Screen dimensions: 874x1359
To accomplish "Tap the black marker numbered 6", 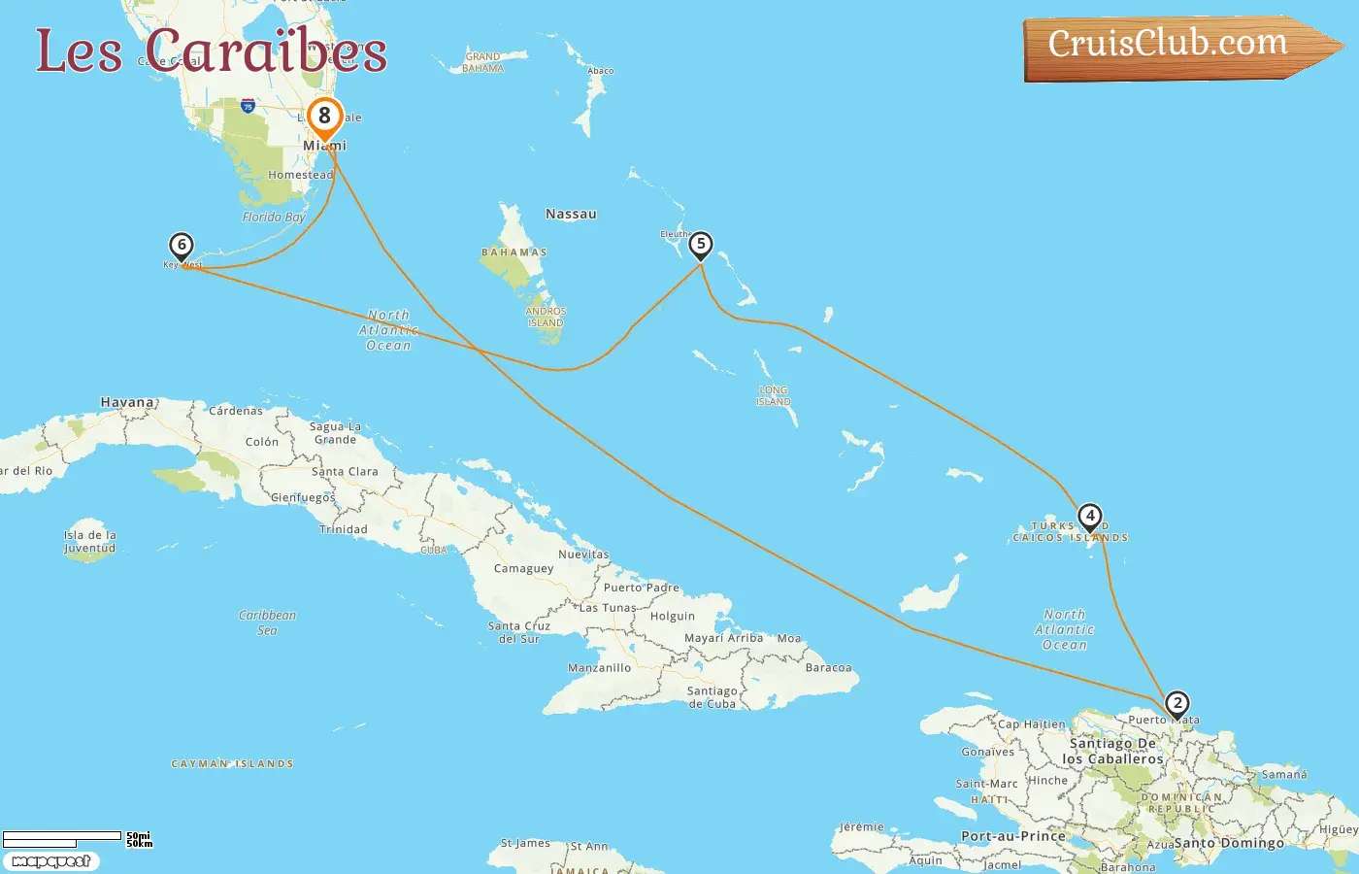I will (181, 246).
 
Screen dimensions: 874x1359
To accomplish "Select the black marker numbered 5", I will (700, 245).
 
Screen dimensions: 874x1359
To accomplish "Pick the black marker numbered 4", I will (1089, 516).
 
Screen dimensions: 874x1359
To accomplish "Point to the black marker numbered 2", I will (1177, 703).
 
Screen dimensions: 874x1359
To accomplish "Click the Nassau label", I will (571, 214).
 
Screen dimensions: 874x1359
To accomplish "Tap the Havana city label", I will (127, 402).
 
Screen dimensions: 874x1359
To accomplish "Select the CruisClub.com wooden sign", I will (1170, 45).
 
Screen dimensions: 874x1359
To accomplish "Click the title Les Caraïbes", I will (211, 50).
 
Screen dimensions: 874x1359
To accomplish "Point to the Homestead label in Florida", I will (300, 175).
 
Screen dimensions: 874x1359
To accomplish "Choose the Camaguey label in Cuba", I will (523, 568).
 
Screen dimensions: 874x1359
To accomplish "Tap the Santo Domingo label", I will (1229, 843).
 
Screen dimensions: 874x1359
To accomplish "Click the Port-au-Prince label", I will (1012, 835).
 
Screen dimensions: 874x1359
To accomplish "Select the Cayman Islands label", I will (232, 764).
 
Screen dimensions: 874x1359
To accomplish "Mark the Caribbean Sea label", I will (267, 622).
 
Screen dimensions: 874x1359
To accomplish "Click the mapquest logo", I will (50, 860).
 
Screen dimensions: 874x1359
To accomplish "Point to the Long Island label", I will (774, 396).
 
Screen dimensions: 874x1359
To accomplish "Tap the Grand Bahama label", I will (482, 62).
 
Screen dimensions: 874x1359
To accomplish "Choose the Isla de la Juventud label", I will (89, 542).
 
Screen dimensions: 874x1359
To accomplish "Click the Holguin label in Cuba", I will (673, 616).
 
